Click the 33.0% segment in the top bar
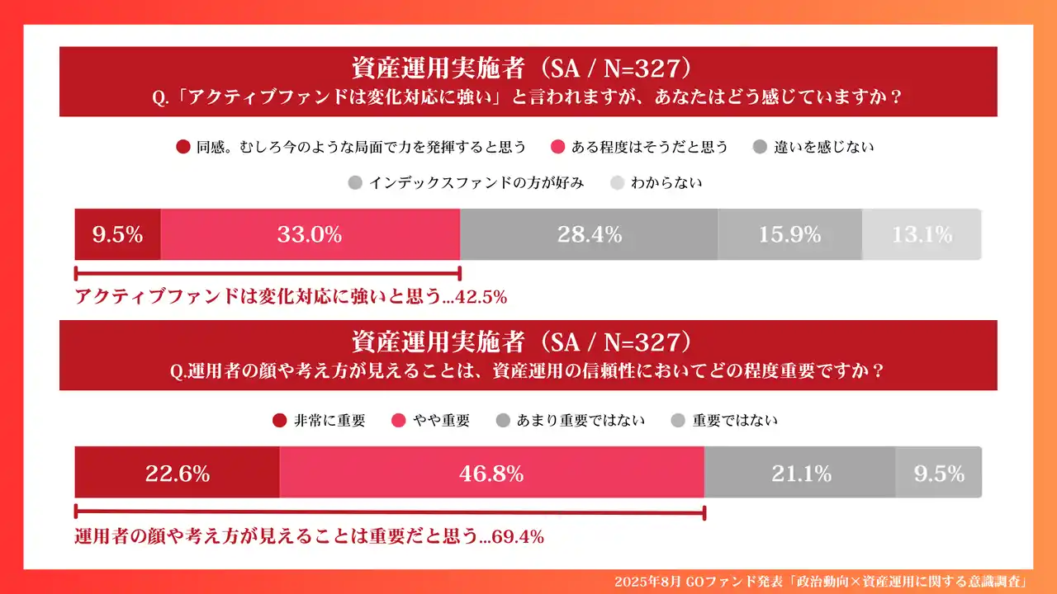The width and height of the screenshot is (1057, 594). tap(310, 235)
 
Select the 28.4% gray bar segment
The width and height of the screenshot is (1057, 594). tap(589, 235)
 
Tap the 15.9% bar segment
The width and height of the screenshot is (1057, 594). tap(789, 235)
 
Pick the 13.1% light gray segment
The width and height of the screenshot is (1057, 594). tap(922, 235)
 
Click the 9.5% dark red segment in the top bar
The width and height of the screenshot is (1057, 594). tap(117, 235)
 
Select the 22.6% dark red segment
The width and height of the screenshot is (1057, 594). tap(177, 474)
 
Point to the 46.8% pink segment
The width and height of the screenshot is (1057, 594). tap(491, 474)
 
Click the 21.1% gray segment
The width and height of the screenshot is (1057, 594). tap(799, 474)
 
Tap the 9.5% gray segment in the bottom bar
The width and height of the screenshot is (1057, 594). tap(939, 474)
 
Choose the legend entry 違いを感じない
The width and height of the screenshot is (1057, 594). tap(813, 148)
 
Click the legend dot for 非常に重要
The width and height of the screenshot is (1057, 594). tap(279, 421)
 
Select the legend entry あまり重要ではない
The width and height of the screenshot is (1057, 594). tap(570, 421)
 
